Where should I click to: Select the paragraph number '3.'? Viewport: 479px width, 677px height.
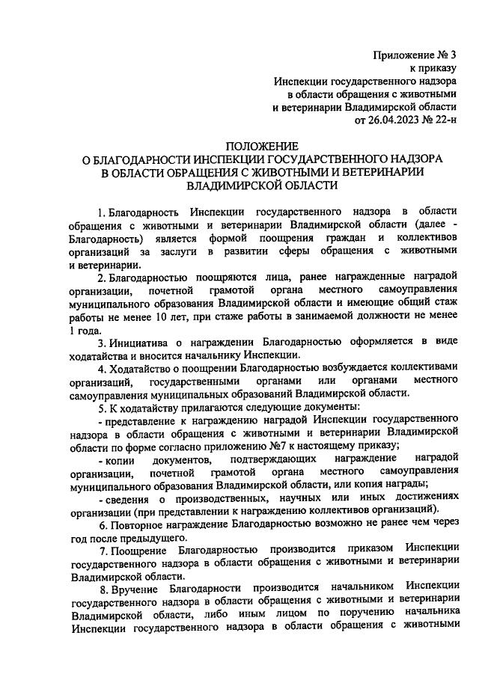(x=103, y=341)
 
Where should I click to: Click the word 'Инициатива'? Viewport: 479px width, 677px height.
(x=141, y=341)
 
